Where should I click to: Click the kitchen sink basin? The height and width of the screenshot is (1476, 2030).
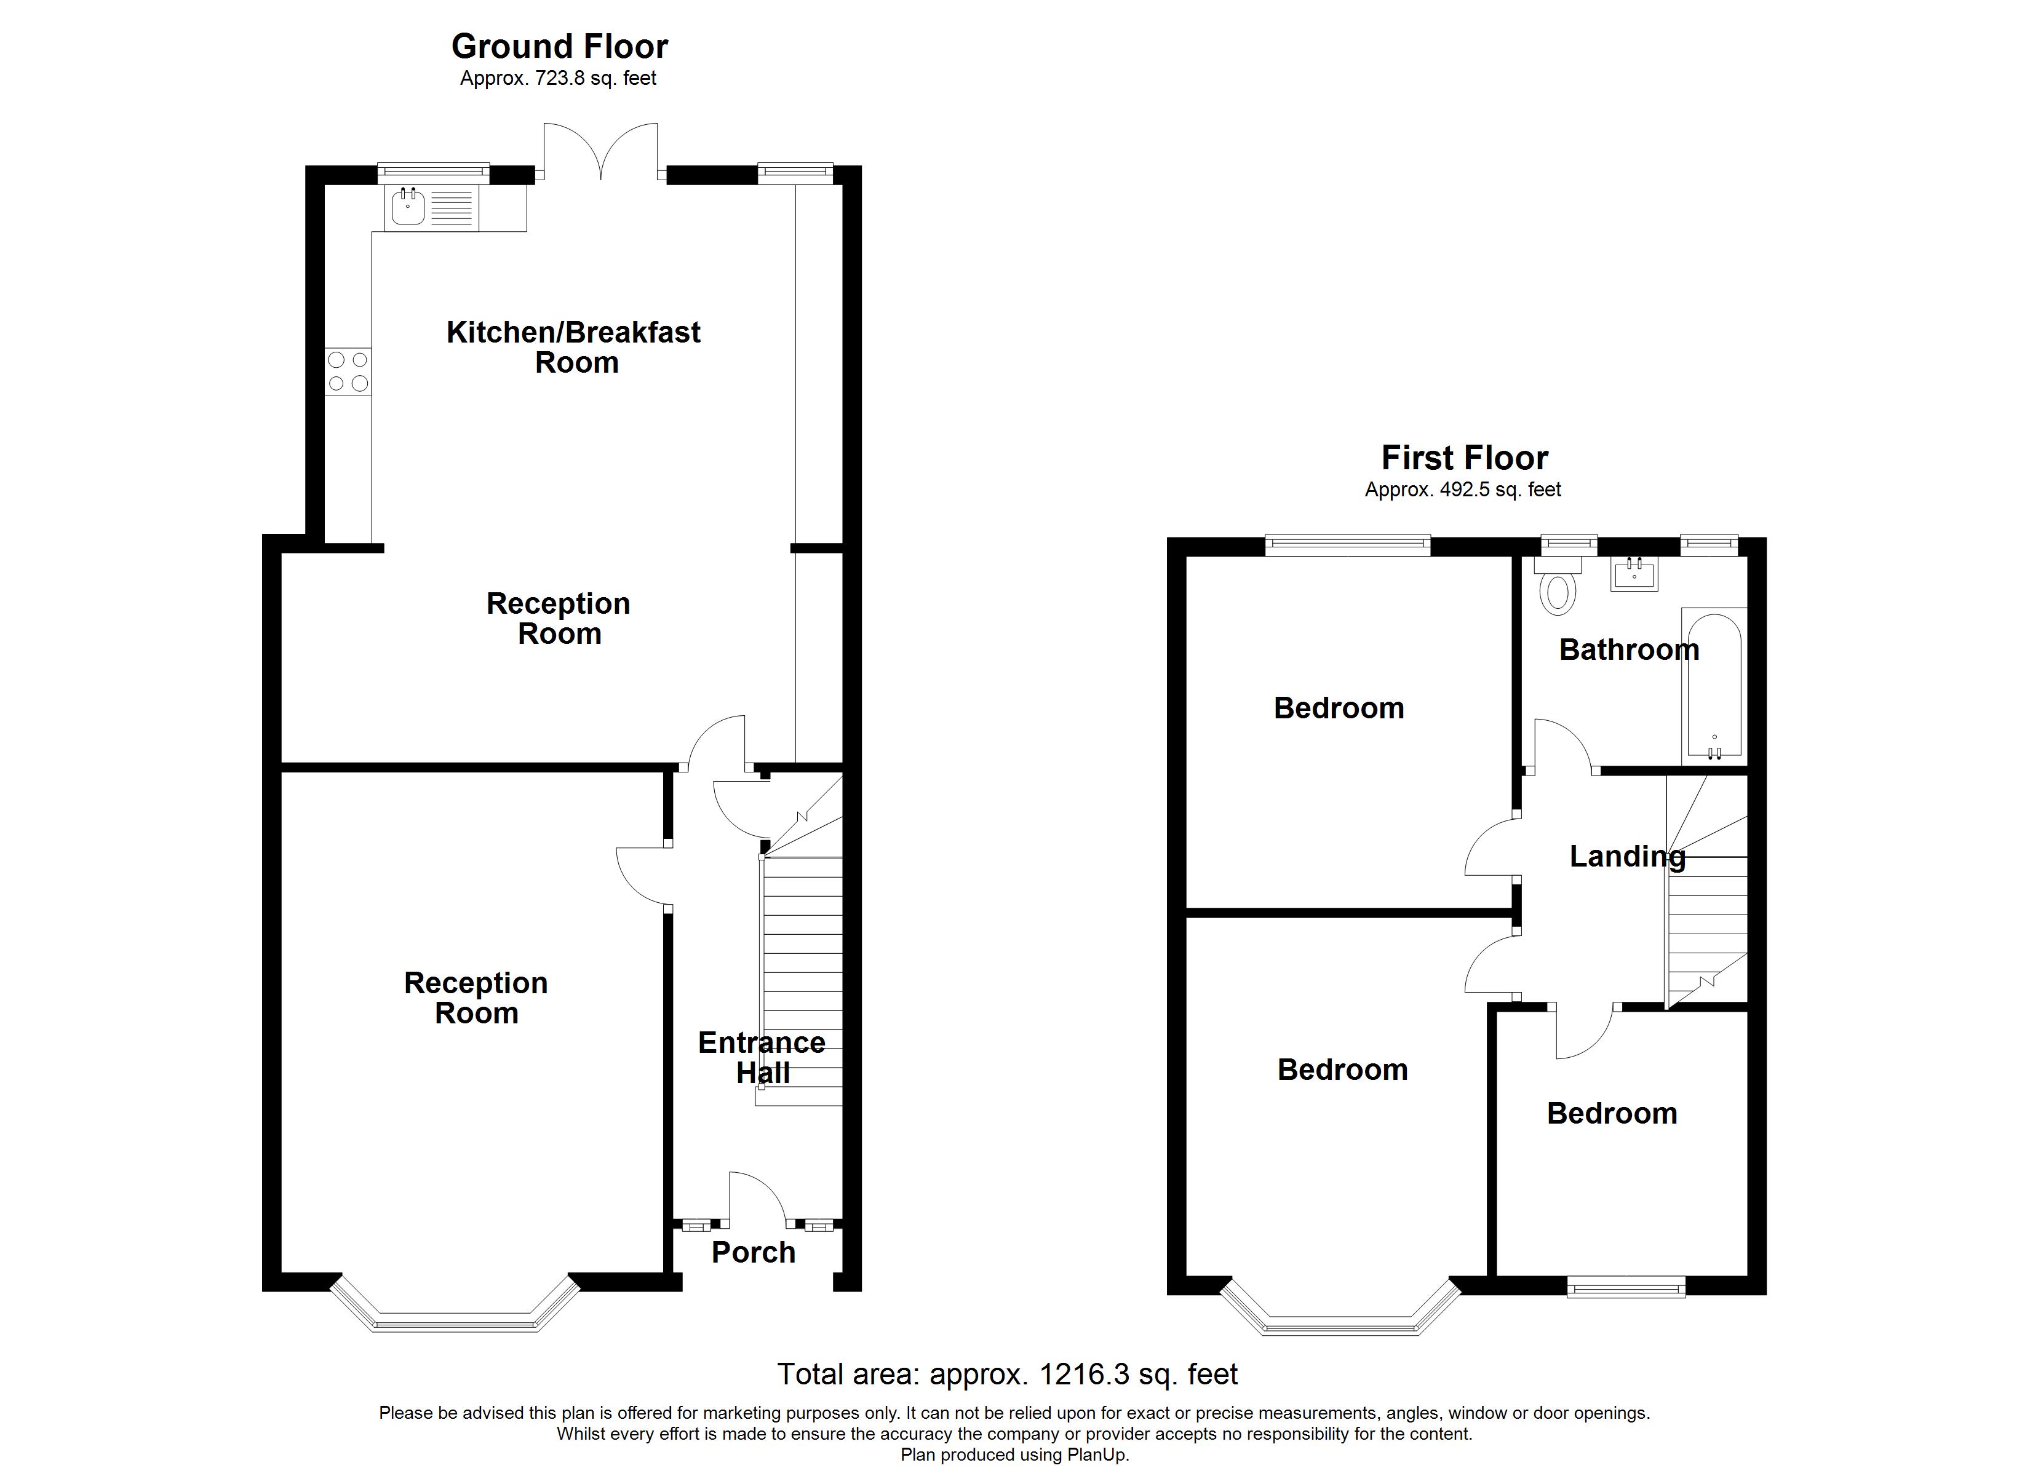pos(408,208)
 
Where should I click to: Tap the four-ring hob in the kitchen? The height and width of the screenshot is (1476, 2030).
pos(348,371)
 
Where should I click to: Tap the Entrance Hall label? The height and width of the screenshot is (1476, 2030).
pos(762,1057)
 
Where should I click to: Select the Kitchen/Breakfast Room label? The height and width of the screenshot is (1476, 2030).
pos(574,347)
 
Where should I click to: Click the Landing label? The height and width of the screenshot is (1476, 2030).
pos(1627,857)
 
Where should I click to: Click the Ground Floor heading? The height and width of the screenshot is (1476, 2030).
pos(559,47)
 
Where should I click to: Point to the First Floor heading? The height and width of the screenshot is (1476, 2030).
pos(1464,458)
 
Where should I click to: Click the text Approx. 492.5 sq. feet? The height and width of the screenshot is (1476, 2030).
pos(1463,490)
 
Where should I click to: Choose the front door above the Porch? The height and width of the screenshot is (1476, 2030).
pos(757,1199)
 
